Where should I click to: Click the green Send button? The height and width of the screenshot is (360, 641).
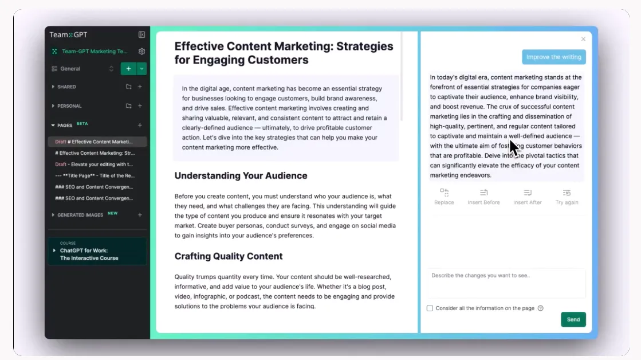point(573,319)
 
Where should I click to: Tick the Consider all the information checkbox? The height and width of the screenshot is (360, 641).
point(430,308)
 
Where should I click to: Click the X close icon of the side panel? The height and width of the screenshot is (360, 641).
point(583,40)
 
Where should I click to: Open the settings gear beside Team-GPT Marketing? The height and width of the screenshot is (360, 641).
point(141,52)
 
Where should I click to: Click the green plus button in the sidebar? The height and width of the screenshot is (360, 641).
point(128,69)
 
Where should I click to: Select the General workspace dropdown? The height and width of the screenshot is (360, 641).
point(82,69)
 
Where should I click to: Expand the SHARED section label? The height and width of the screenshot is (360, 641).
point(66,87)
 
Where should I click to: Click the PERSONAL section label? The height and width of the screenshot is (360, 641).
point(69,106)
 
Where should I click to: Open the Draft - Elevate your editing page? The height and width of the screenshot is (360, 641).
point(94,165)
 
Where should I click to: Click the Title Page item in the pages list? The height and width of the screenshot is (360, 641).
point(94,176)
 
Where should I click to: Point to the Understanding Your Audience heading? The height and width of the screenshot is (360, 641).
point(241,176)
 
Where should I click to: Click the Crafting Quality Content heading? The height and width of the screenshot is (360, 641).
point(229,256)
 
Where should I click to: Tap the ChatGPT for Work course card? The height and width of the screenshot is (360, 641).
point(97,251)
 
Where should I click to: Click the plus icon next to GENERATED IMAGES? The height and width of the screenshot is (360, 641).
point(140,215)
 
